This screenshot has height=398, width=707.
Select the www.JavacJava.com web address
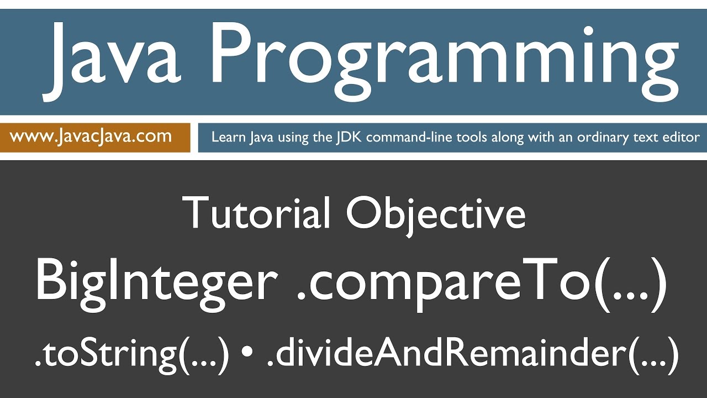91,136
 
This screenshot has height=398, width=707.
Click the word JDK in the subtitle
350,137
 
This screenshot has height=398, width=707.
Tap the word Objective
436,213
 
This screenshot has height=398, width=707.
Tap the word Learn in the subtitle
228,137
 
